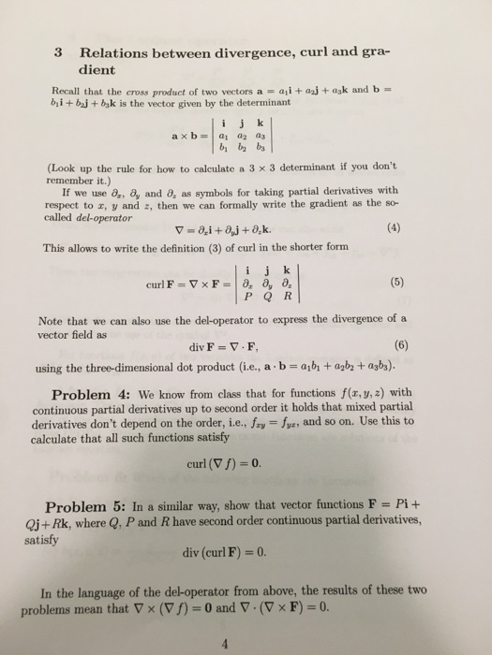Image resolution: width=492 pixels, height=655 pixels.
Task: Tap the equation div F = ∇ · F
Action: click(242, 343)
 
